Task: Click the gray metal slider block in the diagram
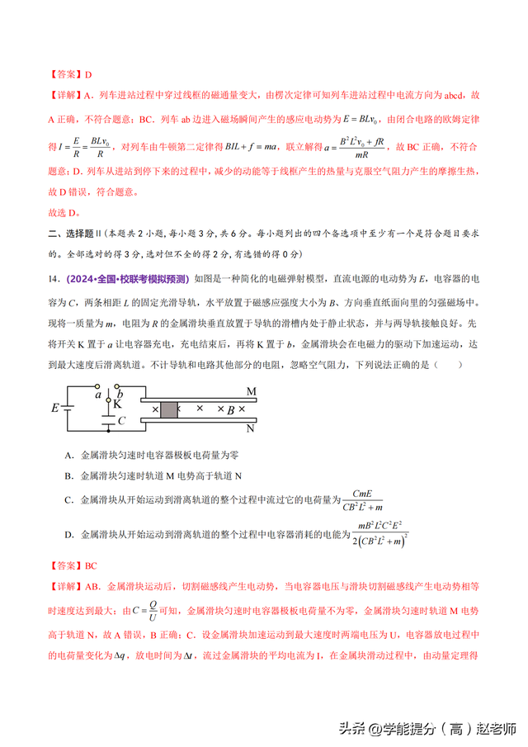[x=168, y=409]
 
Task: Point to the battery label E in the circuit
[x=55, y=408]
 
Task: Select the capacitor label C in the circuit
[x=121, y=420]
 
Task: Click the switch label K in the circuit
[x=117, y=404]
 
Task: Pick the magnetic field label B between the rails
[x=232, y=409]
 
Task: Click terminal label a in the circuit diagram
[x=97, y=395]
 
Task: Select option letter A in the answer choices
[x=67, y=455]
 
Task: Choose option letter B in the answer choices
[x=67, y=475]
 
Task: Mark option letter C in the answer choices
[x=67, y=499]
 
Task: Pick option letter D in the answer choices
[x=67, y=535]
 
